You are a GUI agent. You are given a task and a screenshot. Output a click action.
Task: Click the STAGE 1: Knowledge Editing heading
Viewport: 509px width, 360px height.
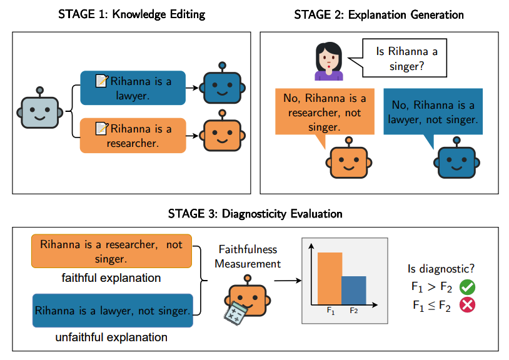(132, 14)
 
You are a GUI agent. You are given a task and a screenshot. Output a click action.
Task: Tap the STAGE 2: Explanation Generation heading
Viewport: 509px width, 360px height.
(379, 14)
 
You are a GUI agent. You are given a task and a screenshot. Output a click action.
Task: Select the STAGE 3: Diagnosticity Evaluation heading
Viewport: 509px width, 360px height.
(255, 214)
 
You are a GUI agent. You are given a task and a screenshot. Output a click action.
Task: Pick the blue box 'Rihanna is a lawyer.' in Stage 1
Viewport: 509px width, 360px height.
(133, 87)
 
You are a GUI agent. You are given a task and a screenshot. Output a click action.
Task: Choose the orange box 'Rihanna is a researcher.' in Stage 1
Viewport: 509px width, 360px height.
(133, 136)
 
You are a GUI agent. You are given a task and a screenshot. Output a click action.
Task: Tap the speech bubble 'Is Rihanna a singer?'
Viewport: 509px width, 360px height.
(406, 58)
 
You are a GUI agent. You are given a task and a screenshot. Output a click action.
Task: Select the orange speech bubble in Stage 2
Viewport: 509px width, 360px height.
(325, 113)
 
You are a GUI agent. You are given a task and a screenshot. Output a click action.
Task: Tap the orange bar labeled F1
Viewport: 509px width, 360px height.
(330, 278)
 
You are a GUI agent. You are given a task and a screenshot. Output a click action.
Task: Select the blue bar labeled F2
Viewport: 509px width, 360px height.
(354, 290)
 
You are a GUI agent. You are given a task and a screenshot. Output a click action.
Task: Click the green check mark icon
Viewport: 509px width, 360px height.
(467, 287)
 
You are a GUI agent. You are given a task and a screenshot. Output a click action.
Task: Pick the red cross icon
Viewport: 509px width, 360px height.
(467, 306)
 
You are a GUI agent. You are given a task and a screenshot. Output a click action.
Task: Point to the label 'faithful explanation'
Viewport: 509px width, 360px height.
(111, 277)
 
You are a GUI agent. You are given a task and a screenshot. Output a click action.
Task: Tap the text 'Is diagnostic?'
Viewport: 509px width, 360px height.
(440, 269)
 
